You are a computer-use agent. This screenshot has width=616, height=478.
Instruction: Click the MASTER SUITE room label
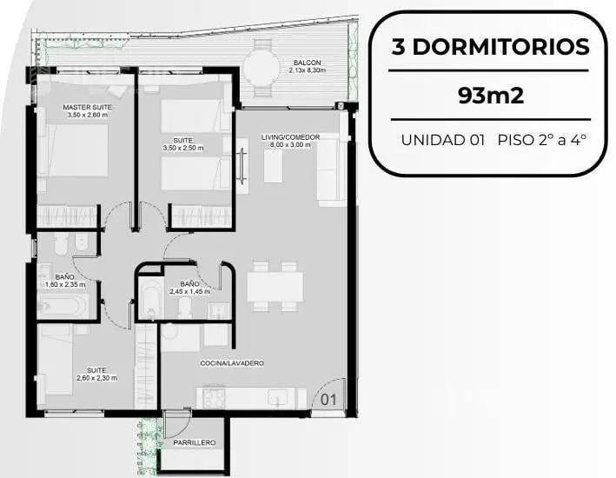87,107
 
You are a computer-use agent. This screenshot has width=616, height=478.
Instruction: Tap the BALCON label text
308,63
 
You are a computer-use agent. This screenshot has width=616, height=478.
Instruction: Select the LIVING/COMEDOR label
291,137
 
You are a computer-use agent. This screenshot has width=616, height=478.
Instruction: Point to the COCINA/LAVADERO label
232,363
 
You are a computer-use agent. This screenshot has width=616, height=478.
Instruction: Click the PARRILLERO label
195,442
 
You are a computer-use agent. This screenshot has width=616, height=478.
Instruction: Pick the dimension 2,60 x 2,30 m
96,378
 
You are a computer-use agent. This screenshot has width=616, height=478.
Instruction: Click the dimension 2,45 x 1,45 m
189,292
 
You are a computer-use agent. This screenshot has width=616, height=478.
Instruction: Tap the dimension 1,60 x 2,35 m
65,284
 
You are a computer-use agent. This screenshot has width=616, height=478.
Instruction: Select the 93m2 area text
491,95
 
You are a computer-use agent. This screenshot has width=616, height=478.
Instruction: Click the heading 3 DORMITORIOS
491,47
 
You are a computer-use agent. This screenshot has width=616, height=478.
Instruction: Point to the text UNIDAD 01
443,140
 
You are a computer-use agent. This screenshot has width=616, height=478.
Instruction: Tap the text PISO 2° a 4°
542,140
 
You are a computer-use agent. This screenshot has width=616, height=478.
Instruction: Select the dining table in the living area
275,286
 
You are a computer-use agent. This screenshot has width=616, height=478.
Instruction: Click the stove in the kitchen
214,398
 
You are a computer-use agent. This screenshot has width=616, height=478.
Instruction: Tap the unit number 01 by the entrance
328,400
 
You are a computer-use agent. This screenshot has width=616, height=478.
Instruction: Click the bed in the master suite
73,149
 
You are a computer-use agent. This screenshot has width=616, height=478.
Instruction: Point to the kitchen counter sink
278,399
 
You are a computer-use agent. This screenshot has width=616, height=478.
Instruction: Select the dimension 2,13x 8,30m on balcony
308,70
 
